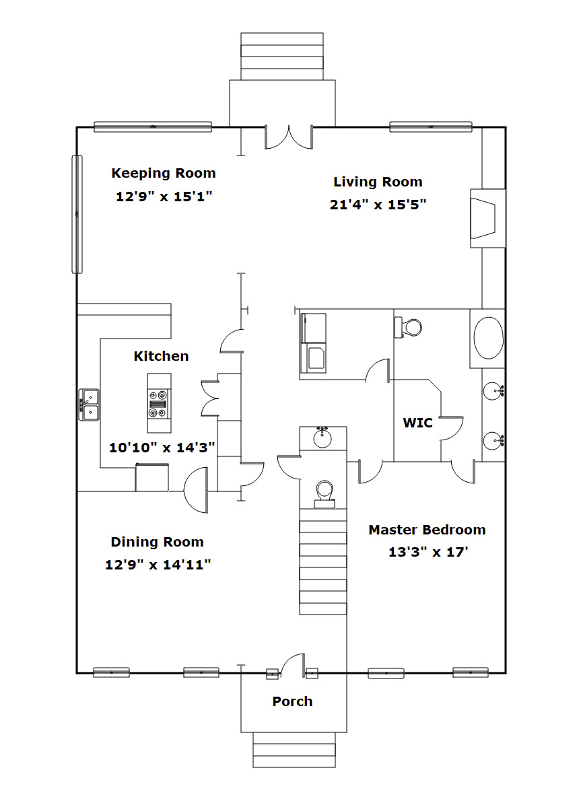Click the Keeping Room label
point(164,174)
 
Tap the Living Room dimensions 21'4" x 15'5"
point(378,205)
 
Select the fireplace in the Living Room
point(488,219)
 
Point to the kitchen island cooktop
point(159,403)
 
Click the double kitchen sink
point(89,405)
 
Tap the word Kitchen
point(161,356)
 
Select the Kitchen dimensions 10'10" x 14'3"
point(162,448)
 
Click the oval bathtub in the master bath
point(489,338)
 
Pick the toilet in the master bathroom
point(408,327)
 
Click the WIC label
point(417,423)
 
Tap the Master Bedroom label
point(428,530)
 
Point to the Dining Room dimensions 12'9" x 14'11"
point(158,565)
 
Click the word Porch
point(292,701)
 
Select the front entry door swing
point(294,664)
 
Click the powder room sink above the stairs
point(322,438)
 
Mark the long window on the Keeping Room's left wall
point(77,214)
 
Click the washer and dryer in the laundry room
point(313,343)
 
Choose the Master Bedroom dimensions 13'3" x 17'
point(428,552)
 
